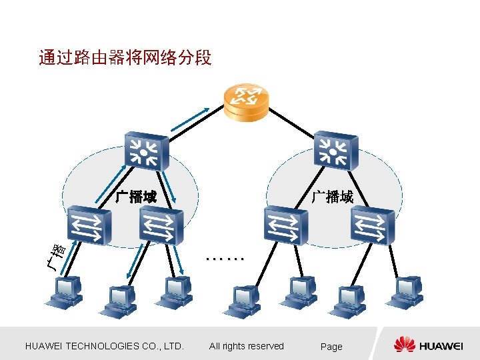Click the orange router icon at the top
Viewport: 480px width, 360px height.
(x=247, y=102)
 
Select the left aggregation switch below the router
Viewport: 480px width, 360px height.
(x=145, y=149)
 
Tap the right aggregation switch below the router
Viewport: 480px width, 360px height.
(x=336, y=149)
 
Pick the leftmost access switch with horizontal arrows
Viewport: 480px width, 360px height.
(x=88, y=225)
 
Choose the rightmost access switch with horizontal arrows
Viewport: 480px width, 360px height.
(x=373, y=225)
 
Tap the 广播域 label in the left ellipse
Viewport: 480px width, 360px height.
(x=135, y=197)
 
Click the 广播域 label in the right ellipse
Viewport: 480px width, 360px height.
(x=333, y=197)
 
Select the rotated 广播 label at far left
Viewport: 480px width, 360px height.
(x=57, y=256)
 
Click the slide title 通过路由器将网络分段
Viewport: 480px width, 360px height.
(x=125, y=59)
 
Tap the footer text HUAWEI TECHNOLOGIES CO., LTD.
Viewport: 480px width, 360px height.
(x=103, y=346)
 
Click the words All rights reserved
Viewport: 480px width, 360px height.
(x=246, y=346)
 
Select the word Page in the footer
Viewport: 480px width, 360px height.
(x=331, y=347)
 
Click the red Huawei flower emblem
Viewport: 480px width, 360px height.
(x=404, y=345)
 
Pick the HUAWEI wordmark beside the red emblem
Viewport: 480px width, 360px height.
(x=441, y=346)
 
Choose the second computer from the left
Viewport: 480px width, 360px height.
(x=119, y=299)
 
